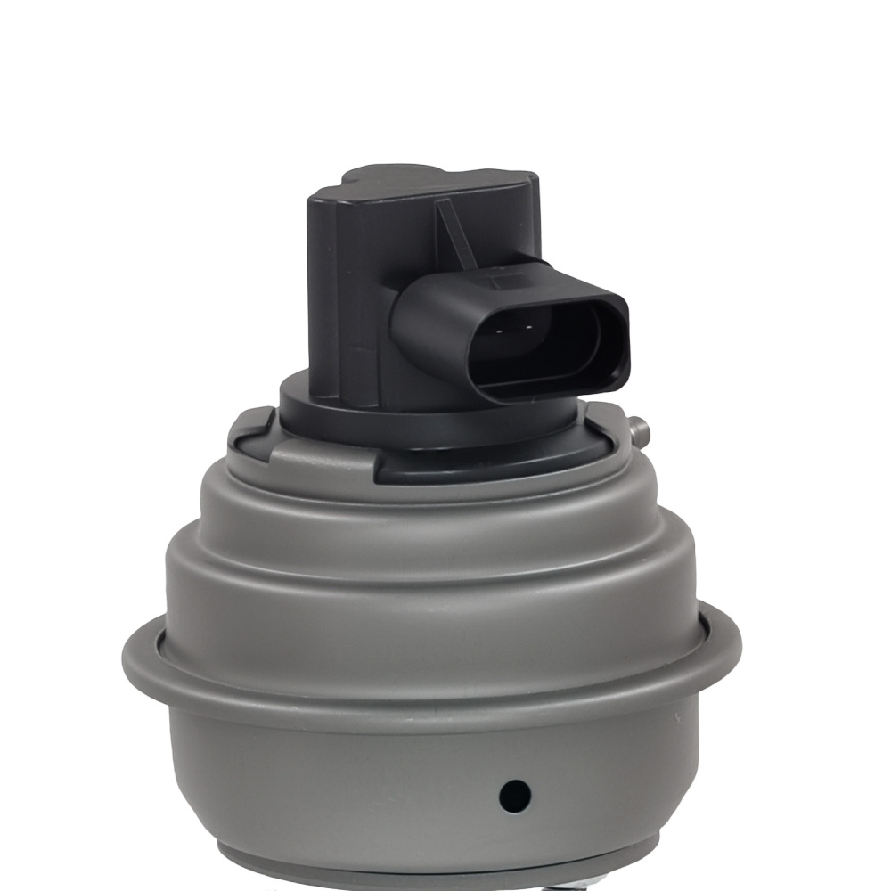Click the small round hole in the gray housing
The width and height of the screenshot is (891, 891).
point(515,792)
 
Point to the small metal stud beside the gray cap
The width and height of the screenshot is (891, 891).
point(638,430)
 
